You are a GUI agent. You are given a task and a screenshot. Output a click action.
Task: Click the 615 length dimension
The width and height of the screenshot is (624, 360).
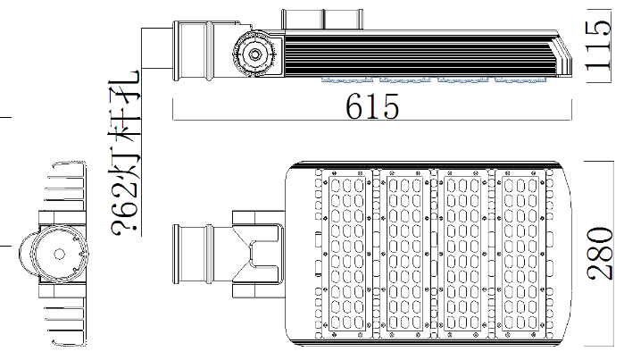pos(372,106)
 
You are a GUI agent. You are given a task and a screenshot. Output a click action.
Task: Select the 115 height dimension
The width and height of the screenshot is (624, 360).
pos(598,46)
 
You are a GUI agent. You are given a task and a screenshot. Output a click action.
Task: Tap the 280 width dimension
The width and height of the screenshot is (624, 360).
pos(599,254)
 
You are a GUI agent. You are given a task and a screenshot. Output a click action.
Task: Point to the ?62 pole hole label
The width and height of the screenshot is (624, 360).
pos(125,154)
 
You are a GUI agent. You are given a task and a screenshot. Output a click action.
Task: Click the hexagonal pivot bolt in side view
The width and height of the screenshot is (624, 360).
pos(254,54)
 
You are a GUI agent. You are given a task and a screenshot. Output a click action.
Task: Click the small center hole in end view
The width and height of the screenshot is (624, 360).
pos(59,254)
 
